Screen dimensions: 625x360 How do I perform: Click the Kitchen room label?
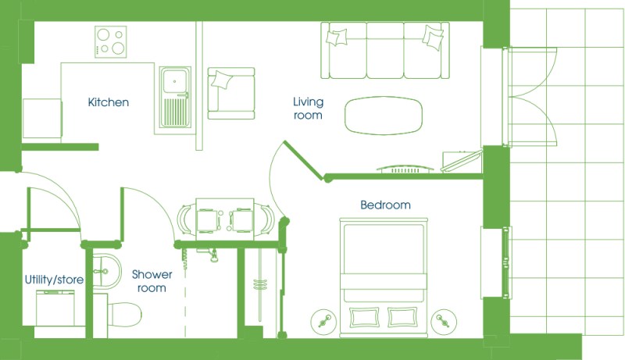pos(109,102)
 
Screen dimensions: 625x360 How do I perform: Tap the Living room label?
pos(308,109)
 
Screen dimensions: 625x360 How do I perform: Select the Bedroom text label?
pos(385,205)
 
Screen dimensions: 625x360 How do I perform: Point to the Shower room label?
pos(152,281)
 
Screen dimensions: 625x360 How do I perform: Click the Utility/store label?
pos(54,280)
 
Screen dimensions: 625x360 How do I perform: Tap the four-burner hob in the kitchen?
pos(111,42)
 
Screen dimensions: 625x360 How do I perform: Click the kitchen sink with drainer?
pos(175,97)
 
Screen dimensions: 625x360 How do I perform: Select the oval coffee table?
pos(384,116)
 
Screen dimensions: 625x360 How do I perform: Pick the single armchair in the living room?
pos(231,94)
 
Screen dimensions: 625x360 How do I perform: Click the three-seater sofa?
pos(385,50)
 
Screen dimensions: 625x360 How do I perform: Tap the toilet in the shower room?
pos(124,315)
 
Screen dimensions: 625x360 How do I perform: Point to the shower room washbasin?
pos(107,272)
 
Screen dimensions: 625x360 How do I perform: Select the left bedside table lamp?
pos(323,322)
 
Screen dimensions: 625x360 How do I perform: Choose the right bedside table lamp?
pos(444,322)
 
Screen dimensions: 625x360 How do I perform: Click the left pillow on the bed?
pos(364,317)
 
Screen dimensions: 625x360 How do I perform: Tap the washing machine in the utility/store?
pos(55,308)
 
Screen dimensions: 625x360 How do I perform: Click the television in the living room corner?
pos(462,162)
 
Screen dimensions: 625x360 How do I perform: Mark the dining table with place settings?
pos(225,219)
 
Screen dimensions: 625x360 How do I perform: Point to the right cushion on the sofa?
pos(433,37)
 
